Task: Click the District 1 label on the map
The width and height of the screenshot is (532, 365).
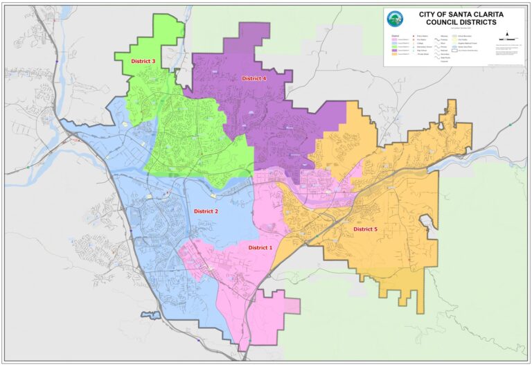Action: (x=260, y=247)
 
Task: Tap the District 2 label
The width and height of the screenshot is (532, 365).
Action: (x=206, y=211)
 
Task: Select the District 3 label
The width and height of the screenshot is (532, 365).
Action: (x=143, y=62)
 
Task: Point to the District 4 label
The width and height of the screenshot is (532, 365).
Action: (x=254, y=78)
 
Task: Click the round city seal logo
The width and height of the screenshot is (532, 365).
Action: (x=395, y=19)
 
